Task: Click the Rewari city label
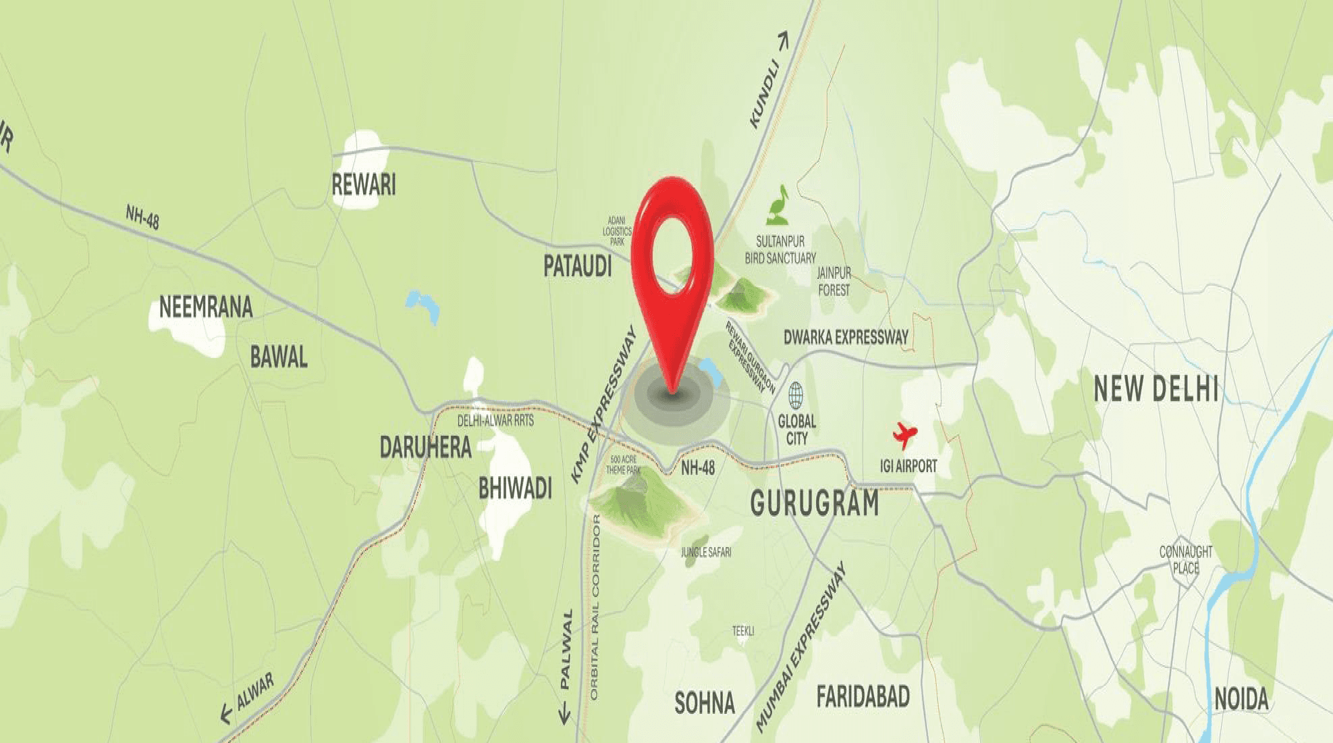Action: pyautogui.click(x=363, y=184)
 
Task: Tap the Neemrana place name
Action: pyautogui.click(x=206, y=307)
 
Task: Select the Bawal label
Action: pyautogui.click(x=279, y=357)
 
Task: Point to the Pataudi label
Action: pyautogui.click(x=578, y=266)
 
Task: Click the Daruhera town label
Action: pyautogui.click(x=425, y=447)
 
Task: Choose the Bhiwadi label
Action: pyautogui.click(x=515, y=488)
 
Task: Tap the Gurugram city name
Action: pyautogui.click(x=815, y=503)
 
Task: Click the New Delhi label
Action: pyautogui.click(x=1155, y=389)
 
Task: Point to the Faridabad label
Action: pyautogui.click(x=863, y=696)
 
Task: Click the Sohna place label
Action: pyautogui.click(x=705, y=703)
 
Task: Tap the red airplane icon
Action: pyautogui.click(x=904, y=434)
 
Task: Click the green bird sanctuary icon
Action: pyautogui.click(x=779, y=205)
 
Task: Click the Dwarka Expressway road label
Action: pyautogui.click(x=846, y=337)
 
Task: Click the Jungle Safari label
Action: pyautogui.click(x=706, y=552)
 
